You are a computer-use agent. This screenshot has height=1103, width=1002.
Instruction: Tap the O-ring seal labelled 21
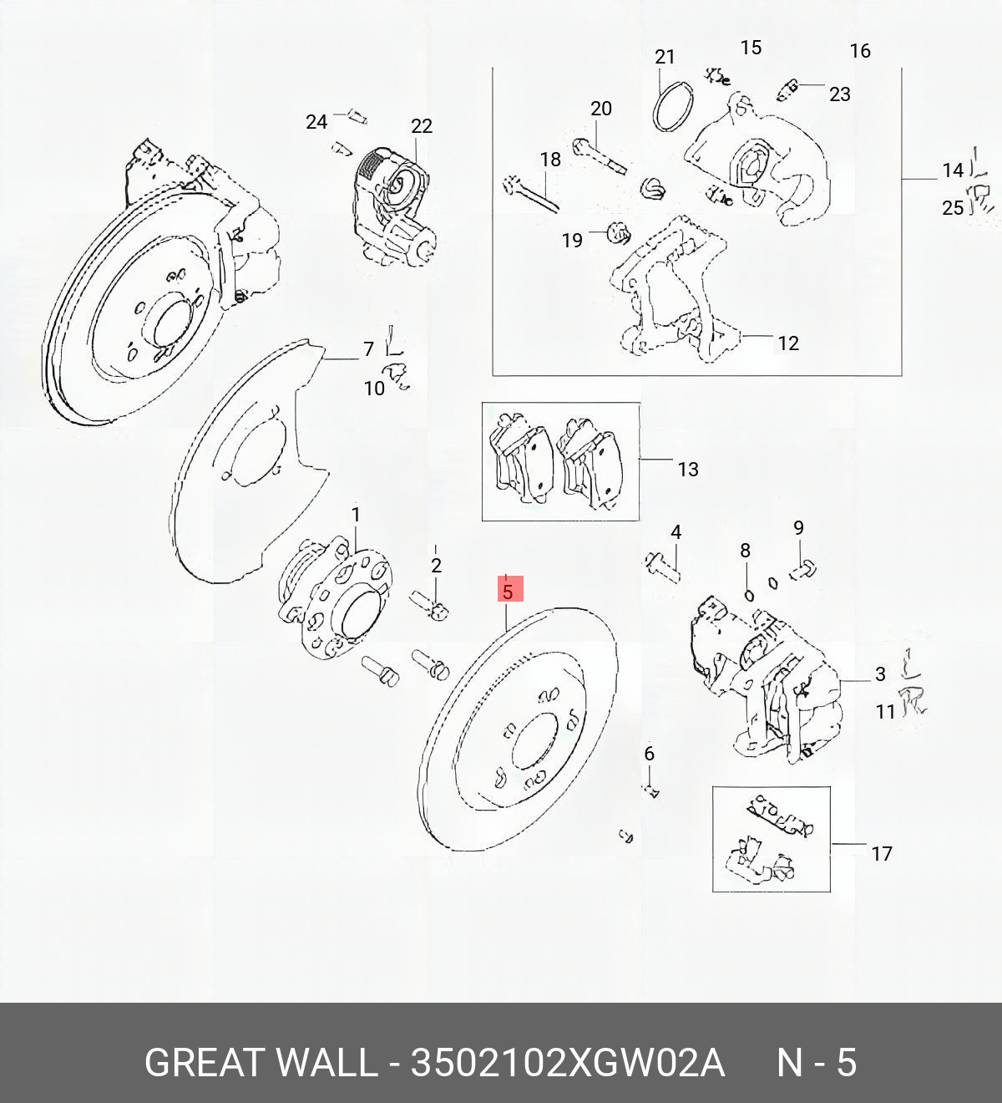point(673,106)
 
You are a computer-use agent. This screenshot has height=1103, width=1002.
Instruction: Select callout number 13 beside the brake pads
point(688,470)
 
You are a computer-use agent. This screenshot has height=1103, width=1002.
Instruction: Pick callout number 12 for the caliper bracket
point(787,343)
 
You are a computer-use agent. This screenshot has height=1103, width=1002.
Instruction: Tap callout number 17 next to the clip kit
point(882,854)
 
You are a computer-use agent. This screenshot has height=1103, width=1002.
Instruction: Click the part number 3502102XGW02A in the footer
point(568,1064)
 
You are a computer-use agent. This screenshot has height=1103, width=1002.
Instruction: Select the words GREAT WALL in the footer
point(261,1064)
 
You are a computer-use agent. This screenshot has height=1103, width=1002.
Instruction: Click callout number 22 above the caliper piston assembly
point(422,126)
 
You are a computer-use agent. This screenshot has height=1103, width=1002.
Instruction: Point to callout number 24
point(316,122)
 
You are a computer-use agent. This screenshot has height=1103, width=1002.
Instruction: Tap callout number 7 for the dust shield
point(368,349)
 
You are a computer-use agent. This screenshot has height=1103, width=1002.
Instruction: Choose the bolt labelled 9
point(803,571)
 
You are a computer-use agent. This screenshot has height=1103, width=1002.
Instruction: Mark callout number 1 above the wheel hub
point(356,515)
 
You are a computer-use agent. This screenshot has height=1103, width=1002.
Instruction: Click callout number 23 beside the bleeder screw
point(839,94)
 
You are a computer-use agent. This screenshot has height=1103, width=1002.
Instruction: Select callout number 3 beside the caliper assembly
point(880,674)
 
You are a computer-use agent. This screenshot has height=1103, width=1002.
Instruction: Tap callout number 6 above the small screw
point(649,754)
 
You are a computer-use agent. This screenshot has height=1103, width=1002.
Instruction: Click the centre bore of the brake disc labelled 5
point(534,740)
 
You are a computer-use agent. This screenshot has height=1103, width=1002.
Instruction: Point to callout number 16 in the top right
point(860,51)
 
